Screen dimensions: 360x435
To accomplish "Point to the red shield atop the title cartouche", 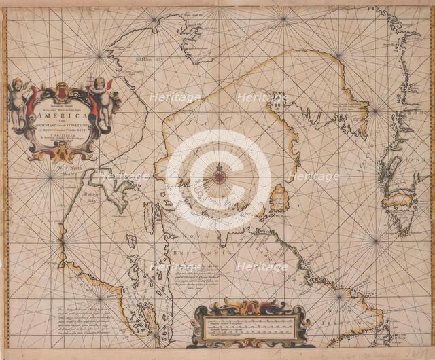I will [x=62, y=91].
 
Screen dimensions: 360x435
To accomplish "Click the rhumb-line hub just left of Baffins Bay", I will [x=101, y=53].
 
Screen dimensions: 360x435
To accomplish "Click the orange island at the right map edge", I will [x=401, y=200].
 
